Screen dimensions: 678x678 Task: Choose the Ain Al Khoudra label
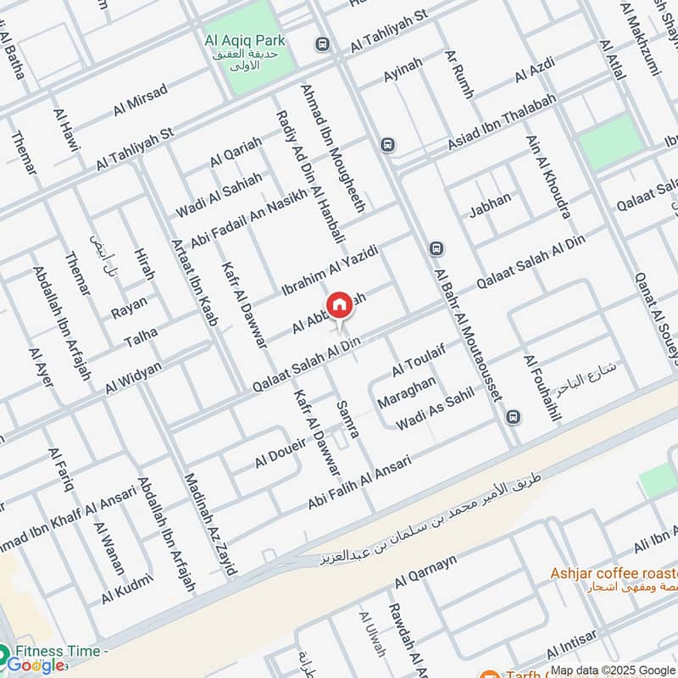(x=547, y=176)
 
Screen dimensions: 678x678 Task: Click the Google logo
(x=36, y=665)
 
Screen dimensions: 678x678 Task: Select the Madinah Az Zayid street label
(x=208, y=524)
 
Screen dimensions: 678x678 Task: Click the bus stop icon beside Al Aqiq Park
(x=321, y=43)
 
